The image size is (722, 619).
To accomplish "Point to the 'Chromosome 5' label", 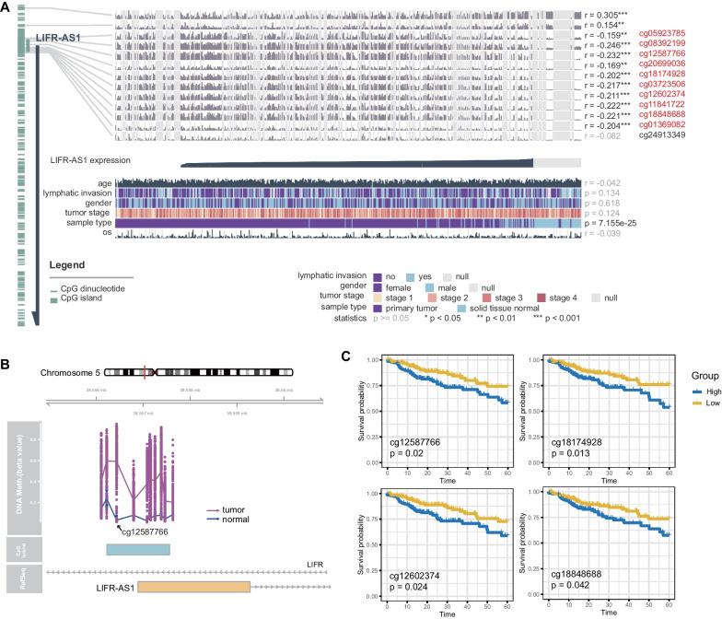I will click(69, 373).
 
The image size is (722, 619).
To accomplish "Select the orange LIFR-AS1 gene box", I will click(193, 587).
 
